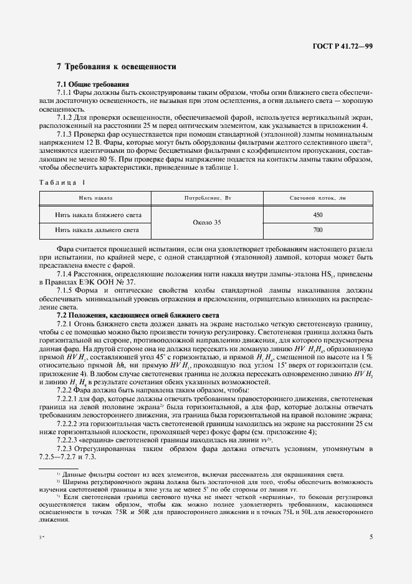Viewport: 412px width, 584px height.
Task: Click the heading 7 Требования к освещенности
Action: tap(116, 66)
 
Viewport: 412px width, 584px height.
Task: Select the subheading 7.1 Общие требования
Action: tap(93, 84)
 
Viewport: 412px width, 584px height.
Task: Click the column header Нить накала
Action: tap(95, 198)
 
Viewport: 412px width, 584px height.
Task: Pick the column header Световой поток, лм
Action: tap(318, 198)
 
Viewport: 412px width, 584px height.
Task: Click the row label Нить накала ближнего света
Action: tap(98, 215)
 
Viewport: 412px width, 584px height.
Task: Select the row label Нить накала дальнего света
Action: tap(97, 230)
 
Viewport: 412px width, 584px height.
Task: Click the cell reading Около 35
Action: tap(208, 222)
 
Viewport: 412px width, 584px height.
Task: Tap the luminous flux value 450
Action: tap(318, 215)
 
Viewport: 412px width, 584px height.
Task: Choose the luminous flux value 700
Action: tap(318, 230)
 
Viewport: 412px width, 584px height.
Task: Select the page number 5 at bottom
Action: tap(371, 537)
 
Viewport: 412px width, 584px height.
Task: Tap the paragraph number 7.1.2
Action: tap(65, 117)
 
